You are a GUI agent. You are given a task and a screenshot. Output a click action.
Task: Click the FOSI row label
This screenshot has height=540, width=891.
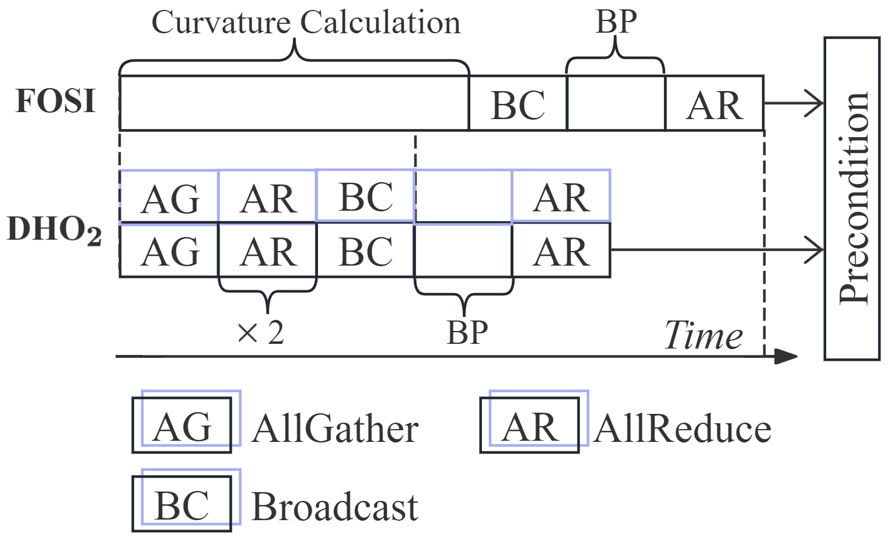pyautogui.click(x=55, y=101)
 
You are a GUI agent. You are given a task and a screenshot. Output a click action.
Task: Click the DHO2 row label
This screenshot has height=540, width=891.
pyautogui.click(x=54, y=229)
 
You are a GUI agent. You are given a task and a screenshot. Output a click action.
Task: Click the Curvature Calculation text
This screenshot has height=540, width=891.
pyautogui.click(x=306, y=23)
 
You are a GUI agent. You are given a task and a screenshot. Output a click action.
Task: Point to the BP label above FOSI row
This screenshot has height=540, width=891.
pyautogui.click(x=616, y=22)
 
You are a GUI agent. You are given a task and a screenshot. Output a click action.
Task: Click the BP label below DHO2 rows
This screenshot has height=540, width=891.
pyautogui.click(x=467, y=332)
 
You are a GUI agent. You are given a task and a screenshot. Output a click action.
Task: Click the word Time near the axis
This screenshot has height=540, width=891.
pyautogui.click(x=704, y=336)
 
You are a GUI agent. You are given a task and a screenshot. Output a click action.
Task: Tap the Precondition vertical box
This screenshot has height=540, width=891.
pyautogui.click(x=852, y=198)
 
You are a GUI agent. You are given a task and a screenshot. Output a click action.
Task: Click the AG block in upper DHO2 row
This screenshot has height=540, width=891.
pyautogui.click(x=169, y=198)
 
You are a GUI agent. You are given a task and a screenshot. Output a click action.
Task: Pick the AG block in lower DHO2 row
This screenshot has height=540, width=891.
pyautogui.click(x=169, y=252)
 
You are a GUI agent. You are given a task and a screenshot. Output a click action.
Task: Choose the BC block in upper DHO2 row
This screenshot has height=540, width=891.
pyautogui.click(x=365, y=196)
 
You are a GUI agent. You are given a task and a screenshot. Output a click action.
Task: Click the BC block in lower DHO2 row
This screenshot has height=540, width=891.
pyautogui.click(x=365, y=252)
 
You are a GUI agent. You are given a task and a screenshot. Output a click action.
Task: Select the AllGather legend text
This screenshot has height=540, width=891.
pyautogui.click(x=336, y=429)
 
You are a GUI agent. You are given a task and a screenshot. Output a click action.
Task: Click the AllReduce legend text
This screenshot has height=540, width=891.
pyautogui.click(x=683, y=429)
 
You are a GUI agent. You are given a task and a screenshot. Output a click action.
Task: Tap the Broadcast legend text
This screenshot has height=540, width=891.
pyautogui.click(x=334, y=506)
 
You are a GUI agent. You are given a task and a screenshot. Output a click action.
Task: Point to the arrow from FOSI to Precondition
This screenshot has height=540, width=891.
pyautogui.click(x=794, y=103)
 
